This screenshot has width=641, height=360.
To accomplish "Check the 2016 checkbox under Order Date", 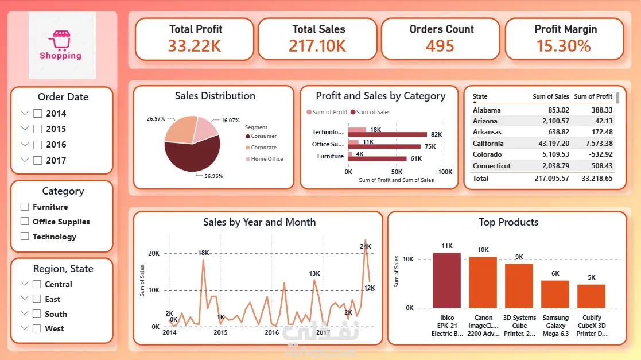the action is coord(38,145).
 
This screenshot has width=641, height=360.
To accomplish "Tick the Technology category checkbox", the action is coord(25,236).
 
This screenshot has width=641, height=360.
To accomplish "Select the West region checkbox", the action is coord(37,328).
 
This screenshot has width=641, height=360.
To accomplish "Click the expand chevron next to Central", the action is coord(25,284).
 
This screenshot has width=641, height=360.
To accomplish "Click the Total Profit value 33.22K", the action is coord(195,46).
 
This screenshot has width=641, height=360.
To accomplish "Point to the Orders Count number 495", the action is coord(440,46).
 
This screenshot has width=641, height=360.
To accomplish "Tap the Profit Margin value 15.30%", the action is coord(564,46).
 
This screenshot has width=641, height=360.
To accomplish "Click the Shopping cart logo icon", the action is coord(60,40).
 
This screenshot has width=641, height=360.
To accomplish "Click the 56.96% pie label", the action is coord(213,176).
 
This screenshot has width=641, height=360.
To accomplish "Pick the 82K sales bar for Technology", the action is coord(387,134).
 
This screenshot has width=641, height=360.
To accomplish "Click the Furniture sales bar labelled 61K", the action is coord(378,158).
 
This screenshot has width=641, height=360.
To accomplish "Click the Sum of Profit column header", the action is coord(593,96).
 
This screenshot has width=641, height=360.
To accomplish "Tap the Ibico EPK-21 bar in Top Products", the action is coord(446,280).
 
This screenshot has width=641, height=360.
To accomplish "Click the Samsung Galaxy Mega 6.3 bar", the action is coord(555,294).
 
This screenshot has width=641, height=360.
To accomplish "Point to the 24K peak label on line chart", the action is coord(366,246).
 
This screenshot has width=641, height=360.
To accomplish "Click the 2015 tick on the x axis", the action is coord(220,332).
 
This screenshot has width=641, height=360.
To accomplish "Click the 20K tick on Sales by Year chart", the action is coord(154,253).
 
